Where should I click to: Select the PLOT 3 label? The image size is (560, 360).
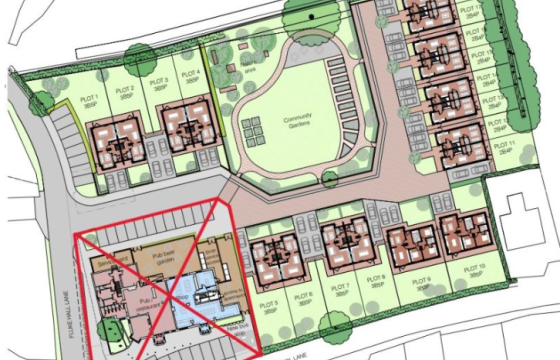click(157, 81)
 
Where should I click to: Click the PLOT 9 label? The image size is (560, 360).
click(421, 281)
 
